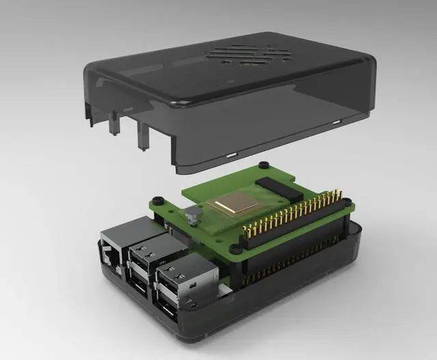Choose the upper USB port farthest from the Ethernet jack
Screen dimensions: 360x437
pyautogui.click(x=179, y=277)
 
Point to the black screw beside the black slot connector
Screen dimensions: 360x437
pyautogui.click(x=262, y=167)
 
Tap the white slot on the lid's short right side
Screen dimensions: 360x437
pyautogui.click(x=336, y=122)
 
